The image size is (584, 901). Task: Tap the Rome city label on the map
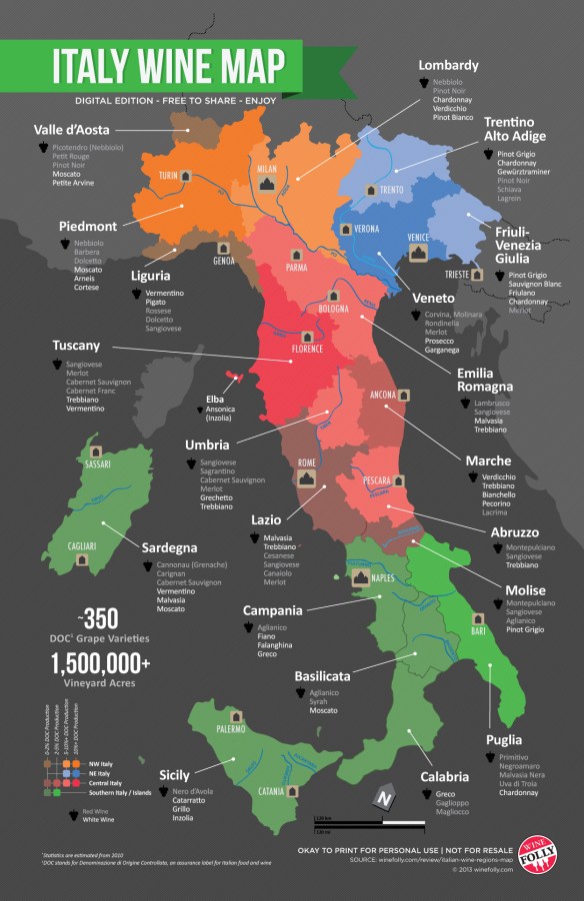(x=305, y=462)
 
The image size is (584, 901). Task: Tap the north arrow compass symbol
(x=380, y=798)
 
